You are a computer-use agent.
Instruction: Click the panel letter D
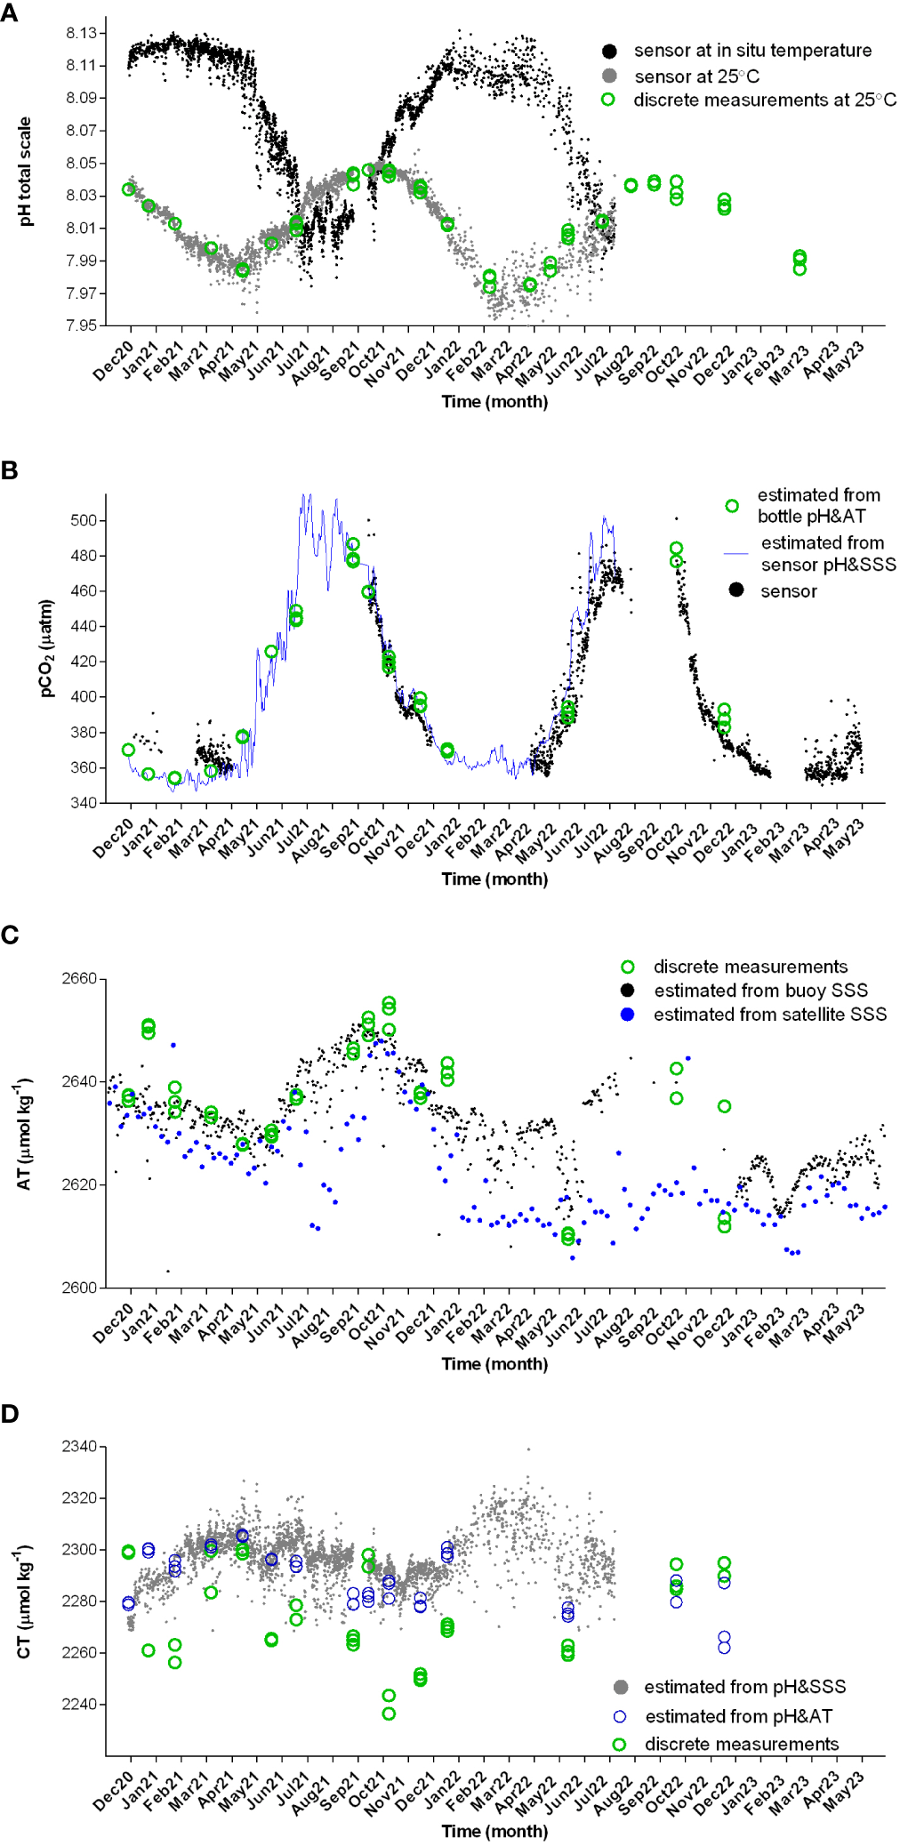(10, 1413)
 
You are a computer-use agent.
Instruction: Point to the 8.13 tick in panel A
(81, 33)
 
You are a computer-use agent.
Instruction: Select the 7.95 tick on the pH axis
(81, 325)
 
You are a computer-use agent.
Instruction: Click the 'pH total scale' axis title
(26, 172)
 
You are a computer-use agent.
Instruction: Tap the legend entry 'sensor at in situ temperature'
(751, 51)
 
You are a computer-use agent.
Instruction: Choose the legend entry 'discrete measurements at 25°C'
(764, 100)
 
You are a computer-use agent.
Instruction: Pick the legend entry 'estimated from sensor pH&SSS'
(827, 553)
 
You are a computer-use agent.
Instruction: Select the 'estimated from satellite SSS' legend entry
(769, 1015)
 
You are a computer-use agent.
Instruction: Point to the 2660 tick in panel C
(79, 979)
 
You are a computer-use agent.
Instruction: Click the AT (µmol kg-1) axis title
(26, 1134)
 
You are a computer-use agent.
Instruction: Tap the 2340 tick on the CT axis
(79, 1447)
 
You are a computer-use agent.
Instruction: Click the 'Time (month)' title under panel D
(494, 1831)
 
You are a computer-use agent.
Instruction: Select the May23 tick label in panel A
(844, 362)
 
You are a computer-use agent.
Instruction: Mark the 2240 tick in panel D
(79, 1705)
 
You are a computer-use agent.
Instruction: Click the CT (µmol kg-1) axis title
(26, 1601)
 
